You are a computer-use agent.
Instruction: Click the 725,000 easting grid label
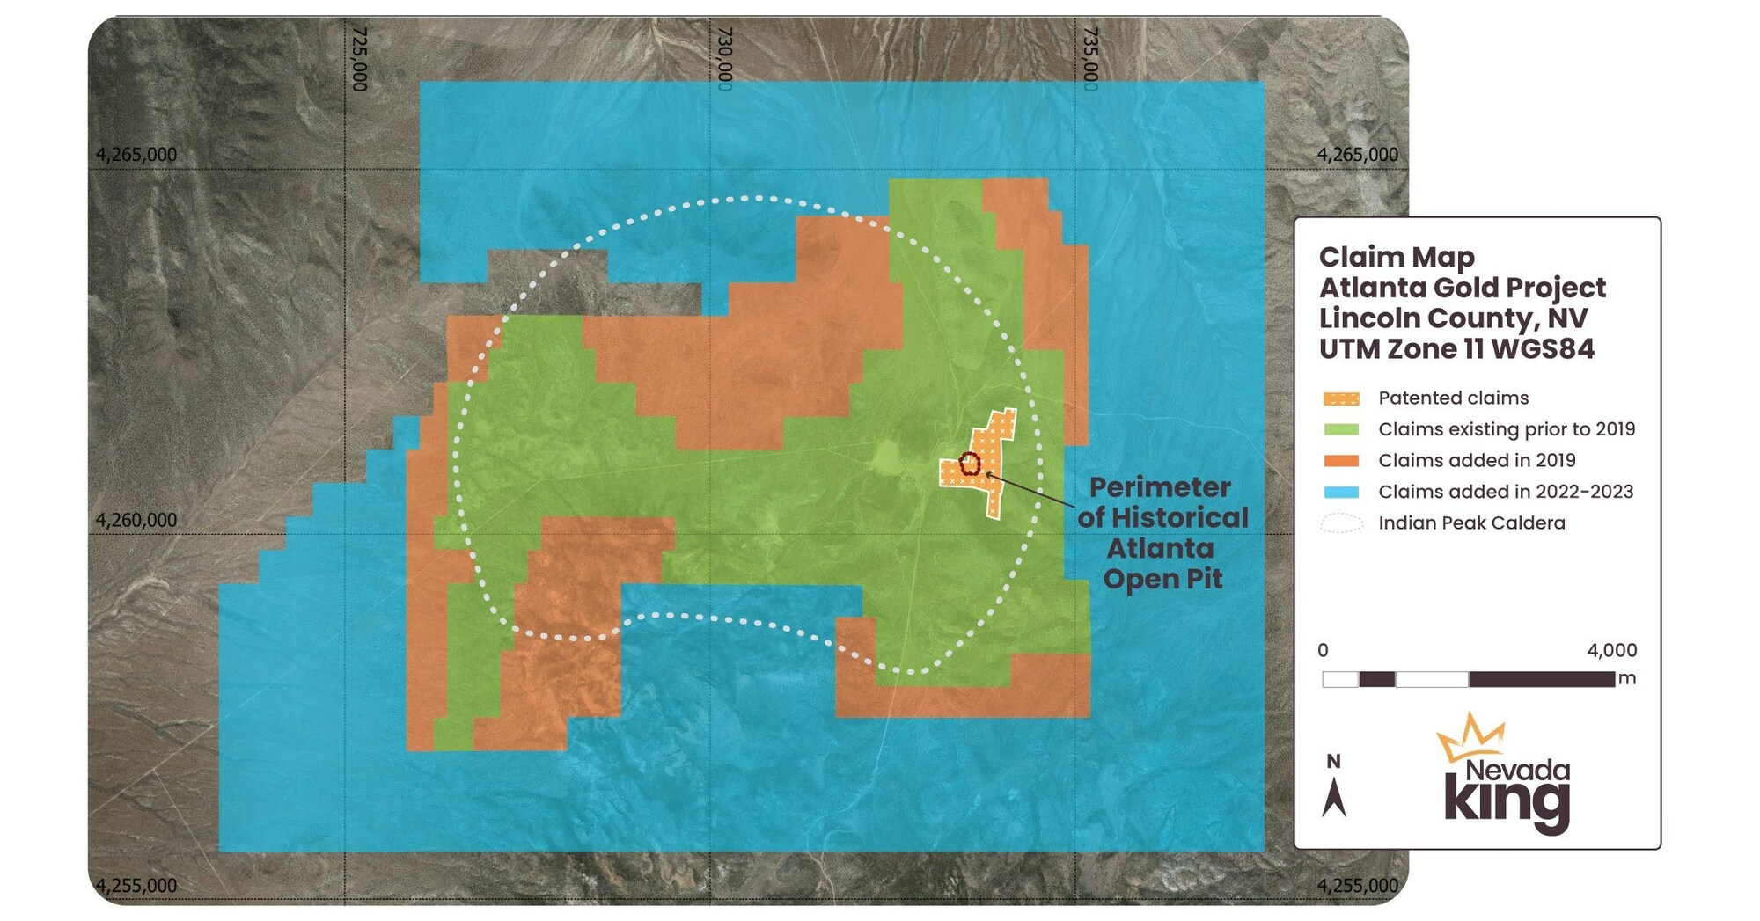[359, 58]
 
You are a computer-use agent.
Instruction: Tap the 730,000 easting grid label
[725, 58]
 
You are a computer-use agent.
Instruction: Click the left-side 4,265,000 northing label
[136, 155]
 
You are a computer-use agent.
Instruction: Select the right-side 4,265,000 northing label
[1357, 155]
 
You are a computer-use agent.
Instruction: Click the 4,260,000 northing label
[136, 520]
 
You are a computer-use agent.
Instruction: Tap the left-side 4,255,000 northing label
[136, 885]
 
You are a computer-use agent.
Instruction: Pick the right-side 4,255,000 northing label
[1357, 885]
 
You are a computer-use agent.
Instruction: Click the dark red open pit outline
[969, 464]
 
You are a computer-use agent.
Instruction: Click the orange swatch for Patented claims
[1341, 398]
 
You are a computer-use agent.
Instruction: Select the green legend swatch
[1341, 429]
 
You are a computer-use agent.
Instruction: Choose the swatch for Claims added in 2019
[1341, 461]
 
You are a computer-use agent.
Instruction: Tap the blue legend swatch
[1341, 492]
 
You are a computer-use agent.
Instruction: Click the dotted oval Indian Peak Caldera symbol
[1341, 523]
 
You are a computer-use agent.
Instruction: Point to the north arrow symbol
[1334, 796]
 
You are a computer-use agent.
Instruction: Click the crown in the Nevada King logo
[1471, 737]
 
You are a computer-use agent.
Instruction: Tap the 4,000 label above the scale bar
[1612, 651]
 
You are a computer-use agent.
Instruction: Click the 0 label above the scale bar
[1323, 651]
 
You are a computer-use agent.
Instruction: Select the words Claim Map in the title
[1397, 257]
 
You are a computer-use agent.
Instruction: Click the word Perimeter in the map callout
[1160, 487]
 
